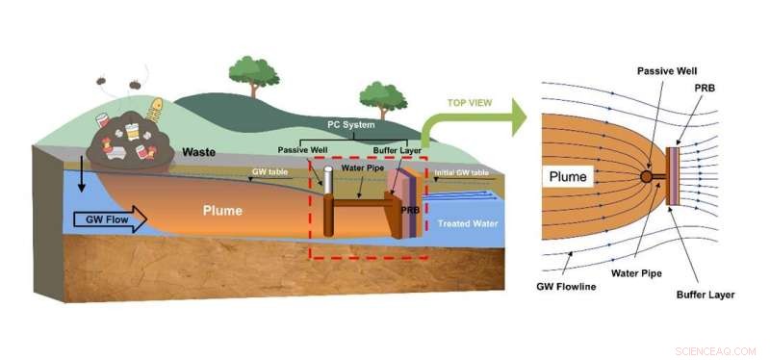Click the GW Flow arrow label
[105, 220]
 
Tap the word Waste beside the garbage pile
[198, 152]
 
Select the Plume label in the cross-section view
[224, 210]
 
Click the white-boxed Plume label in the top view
[570, 177]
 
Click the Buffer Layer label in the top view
[707, 295]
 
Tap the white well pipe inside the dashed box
[327, 181]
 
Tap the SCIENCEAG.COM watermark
[715, 351]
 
